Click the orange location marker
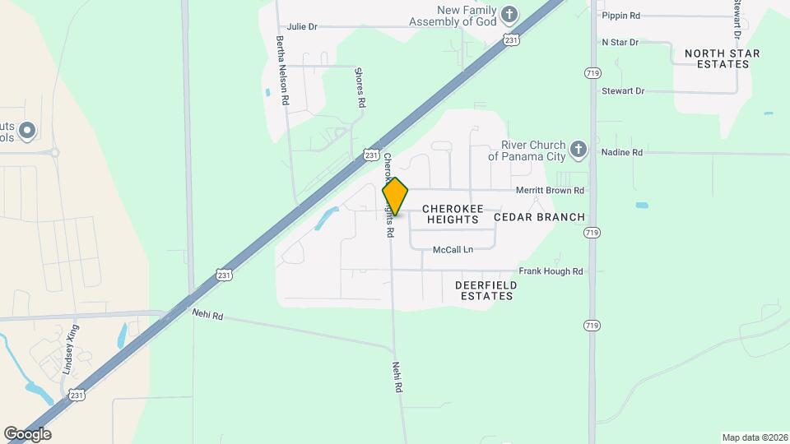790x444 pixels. point(396,196)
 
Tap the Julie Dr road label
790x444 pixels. point(302,26)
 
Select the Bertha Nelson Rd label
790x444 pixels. point(281,70)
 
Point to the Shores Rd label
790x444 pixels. point(360,89)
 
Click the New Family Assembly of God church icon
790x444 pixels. point(510,15)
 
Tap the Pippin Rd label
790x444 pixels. point(621,16)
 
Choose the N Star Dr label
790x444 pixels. point(620,42)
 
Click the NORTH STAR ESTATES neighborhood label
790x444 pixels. point(723,58)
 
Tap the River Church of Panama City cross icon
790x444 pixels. point(579,150)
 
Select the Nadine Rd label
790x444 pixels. point(621,153)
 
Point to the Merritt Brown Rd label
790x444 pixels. point(550,191)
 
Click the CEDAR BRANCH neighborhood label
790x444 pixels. point(539,217)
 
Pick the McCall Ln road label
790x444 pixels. point(453,249)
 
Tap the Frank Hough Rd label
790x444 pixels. point(551,271)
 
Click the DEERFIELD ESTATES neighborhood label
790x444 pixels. point(486,290)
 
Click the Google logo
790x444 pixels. point(27,434)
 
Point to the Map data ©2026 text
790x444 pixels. point(754,437)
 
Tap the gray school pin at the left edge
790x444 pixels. point(26,130)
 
